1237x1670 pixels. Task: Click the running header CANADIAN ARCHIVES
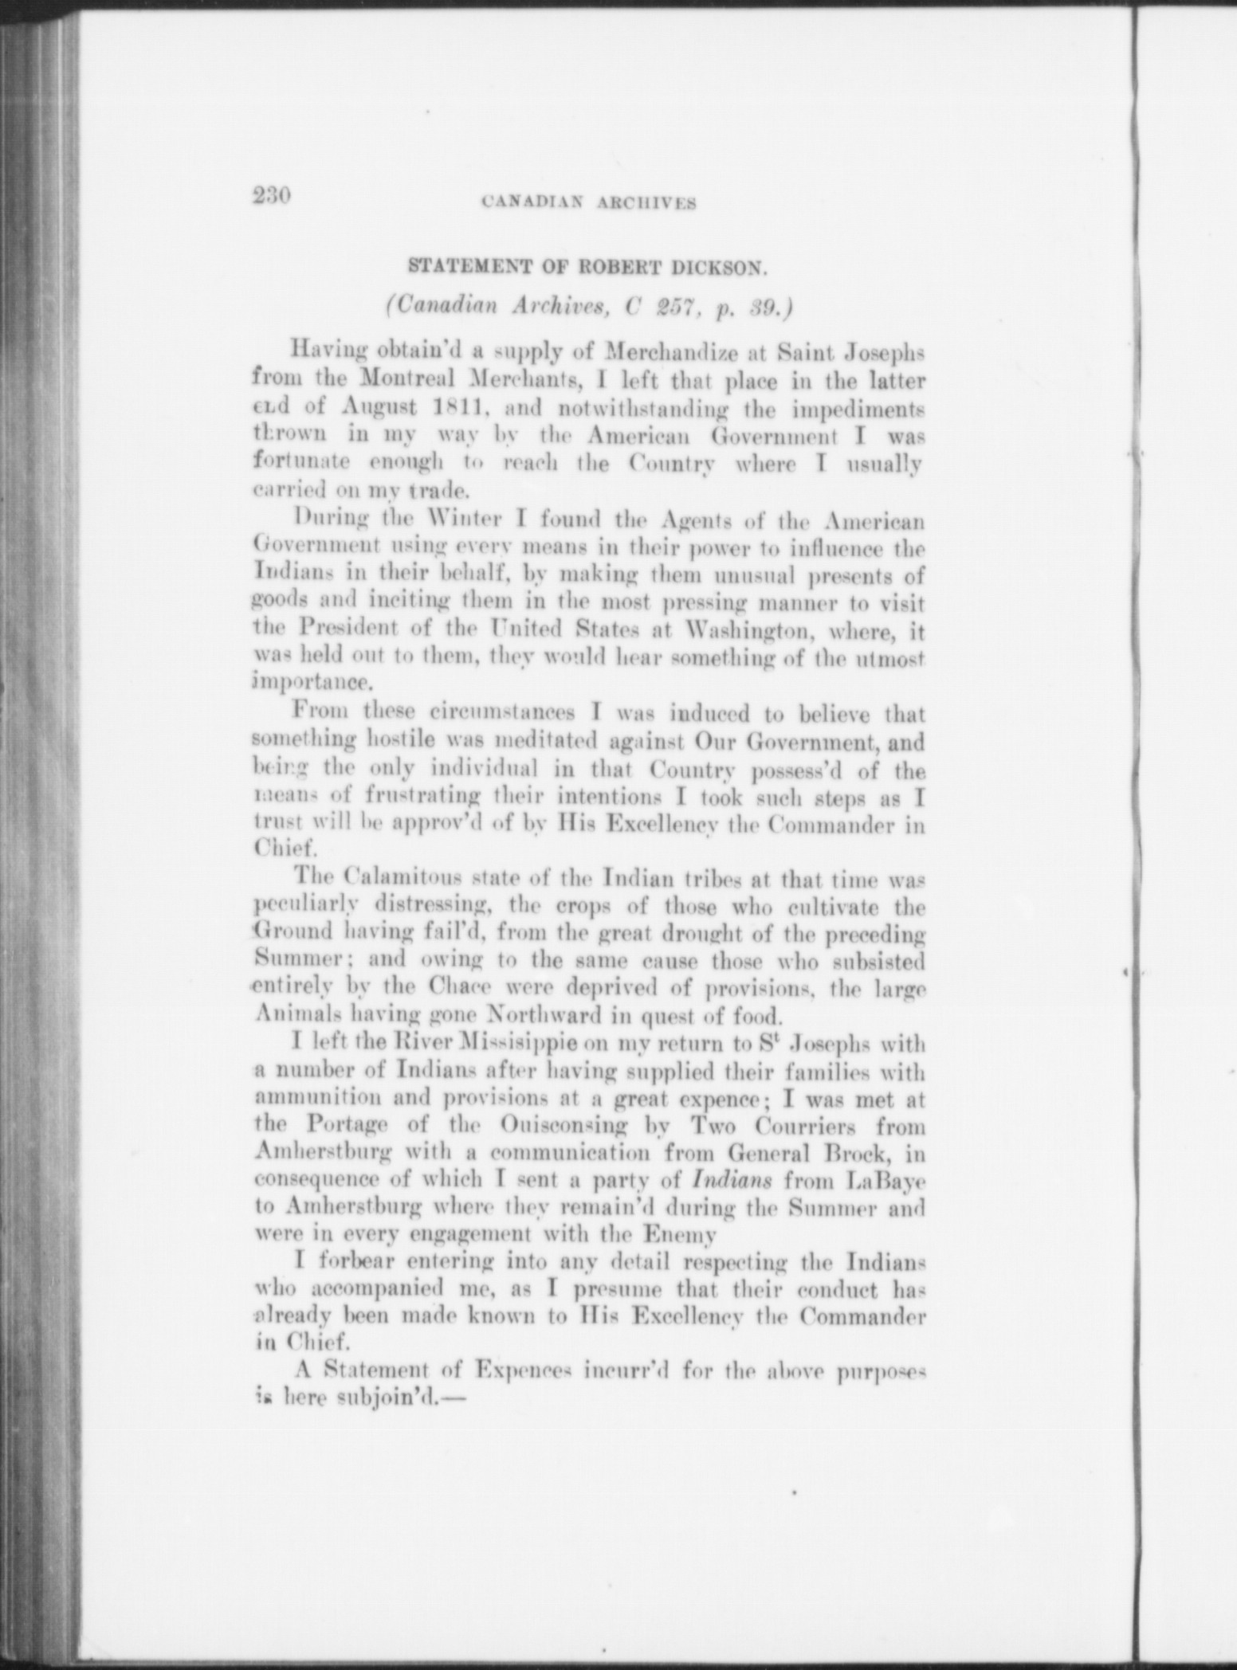pyautogui.click(x=590, y=203)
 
